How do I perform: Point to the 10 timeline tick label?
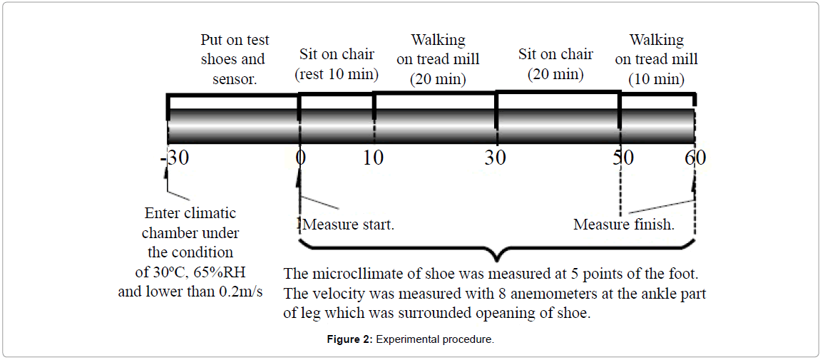point(373,158)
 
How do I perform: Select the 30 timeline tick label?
point(495,158)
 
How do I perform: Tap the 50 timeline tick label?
point(621,158)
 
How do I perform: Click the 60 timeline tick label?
point(695,158)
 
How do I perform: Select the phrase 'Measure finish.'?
point(624,225)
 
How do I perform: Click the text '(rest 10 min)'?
point(337,73)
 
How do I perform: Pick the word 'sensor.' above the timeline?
point(234,78)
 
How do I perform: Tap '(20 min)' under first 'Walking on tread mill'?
point(438,78)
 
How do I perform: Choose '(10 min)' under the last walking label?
point(656,78)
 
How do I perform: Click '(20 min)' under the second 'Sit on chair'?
point(555,73)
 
